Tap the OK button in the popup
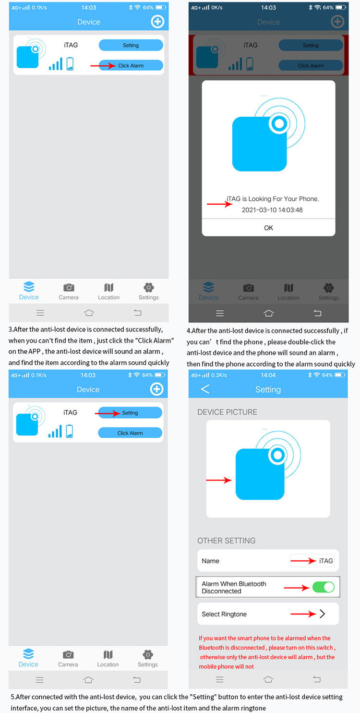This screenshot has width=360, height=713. (x=268, y=228)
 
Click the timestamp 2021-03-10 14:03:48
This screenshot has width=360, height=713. (x=272, y=210)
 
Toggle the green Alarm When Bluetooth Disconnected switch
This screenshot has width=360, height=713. (x=324, y=587)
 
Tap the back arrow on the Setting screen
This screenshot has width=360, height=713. (x=205, y=389)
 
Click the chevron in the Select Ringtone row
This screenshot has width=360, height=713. (x=322, y=614)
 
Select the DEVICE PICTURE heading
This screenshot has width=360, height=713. (x=227, y=412)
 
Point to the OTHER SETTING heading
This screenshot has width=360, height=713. (x=227, y=541)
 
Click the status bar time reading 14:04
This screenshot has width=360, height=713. (x=268, y=375)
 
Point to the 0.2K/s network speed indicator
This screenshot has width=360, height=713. (x=219, y=375)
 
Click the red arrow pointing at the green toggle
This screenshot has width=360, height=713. (x=296, y=588)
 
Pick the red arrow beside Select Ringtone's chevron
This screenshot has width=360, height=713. (x=303, y=614)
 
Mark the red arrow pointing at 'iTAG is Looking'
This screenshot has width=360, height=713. (x=219, y=204)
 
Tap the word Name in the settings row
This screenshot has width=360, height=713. (x=211, y=561)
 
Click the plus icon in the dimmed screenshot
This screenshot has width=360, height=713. (x=337, y=21)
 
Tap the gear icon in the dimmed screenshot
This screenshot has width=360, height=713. (x=328, y=288)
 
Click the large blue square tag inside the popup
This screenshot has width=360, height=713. (x=260, y=144)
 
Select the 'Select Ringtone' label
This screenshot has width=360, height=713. (x=224, y=614)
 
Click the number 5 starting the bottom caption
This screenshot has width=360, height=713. (x=12, y=697)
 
